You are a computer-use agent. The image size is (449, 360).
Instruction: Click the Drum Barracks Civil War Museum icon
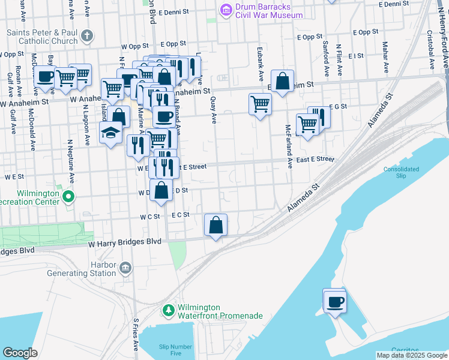tap(226, 10)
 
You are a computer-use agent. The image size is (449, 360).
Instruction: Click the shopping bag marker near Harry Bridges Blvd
tap(216, 225)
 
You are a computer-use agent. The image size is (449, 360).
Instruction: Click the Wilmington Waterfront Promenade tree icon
tap(169, 311)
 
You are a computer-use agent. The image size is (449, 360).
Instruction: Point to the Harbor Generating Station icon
tap(125, 267)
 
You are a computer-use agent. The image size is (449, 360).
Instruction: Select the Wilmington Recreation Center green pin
tap(68, 196)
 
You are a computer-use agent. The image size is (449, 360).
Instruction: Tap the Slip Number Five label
tap(175, 350)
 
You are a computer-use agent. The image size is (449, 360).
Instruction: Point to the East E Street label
tap(315, 159)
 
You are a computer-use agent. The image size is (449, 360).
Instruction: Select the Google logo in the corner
tap(20, 353)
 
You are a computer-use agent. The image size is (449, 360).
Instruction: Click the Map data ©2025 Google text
tap(411, 355)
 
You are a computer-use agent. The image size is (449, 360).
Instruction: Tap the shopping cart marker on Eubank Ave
tap(260, 104)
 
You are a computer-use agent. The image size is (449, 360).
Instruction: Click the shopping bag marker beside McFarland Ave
tap(282, 80)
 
